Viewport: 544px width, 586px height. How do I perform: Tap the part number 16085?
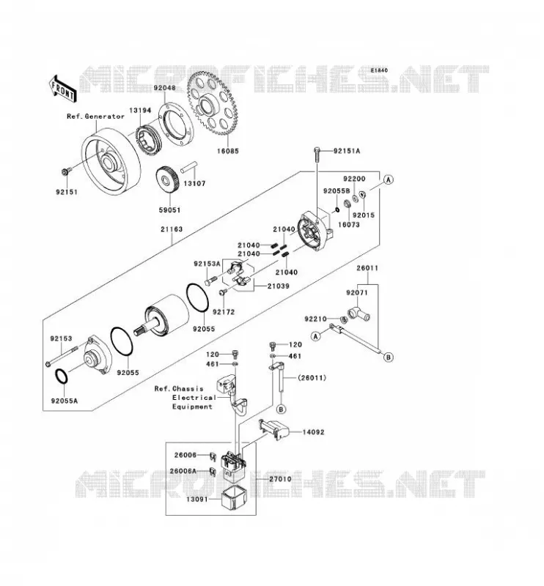(x=227, y=152)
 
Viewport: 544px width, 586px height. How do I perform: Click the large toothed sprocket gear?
(x=213, y=103)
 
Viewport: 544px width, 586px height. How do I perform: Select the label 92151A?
(x=347, y=151)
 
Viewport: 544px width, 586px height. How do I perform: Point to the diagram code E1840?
(x=379, y=70)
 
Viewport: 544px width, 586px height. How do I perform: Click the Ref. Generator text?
(x=95, y=116)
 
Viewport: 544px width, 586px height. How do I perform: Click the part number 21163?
(x=172, y=229)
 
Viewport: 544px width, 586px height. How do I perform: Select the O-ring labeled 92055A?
(x=62, y=377)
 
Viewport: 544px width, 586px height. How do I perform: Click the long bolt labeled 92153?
(x=62, y=356)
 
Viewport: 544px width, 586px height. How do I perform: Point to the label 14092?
(x=314, y=432)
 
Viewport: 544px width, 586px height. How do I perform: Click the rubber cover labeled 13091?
(x=234, y=499)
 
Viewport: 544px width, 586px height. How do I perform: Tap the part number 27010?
(x=281, y=479)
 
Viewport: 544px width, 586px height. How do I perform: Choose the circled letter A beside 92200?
(x=389, y=179)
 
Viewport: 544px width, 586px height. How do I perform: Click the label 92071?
(x=357, y=292)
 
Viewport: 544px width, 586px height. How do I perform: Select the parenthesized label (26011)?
(x=312, y=378)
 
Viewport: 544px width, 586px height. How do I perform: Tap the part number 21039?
(x=279, y=286)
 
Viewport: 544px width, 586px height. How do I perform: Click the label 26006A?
(x=183, y=471)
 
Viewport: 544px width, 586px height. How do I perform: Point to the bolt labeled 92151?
(x=64, y=172)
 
